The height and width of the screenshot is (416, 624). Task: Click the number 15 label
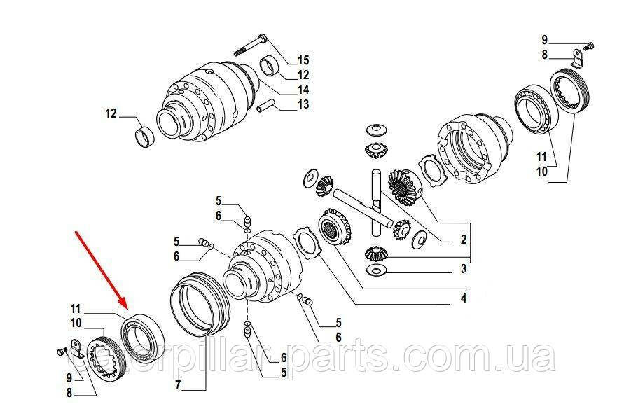[303, 60]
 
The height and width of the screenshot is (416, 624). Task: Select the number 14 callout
[303, 90]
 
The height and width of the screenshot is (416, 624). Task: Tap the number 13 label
[303, 104]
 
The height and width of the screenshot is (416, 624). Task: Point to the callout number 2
[463, 240]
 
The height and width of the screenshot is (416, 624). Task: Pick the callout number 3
[463, 269]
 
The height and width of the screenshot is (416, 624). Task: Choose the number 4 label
[463, 298]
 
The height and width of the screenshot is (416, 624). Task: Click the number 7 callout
[178, 385]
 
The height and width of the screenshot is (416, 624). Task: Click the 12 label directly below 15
[303, 75]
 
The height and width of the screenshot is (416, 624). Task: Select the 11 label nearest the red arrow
[76, 309]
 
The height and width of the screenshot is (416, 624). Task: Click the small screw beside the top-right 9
[590, 46]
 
